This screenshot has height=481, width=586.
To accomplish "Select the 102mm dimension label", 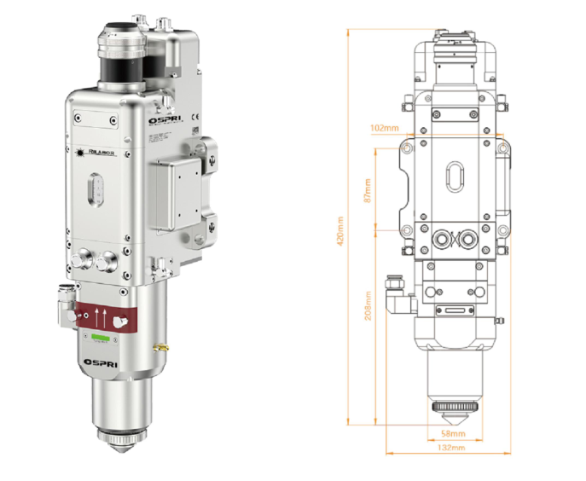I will pyautogui.click(x=386, y=129).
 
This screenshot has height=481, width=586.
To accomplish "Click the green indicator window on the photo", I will pyautogui.click(x=102, y=338).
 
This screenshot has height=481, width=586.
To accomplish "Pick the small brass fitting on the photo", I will pyautogui.click(x=157, y=346).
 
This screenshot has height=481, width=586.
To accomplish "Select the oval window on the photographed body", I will pyautogui.click(x=97, y=192).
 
